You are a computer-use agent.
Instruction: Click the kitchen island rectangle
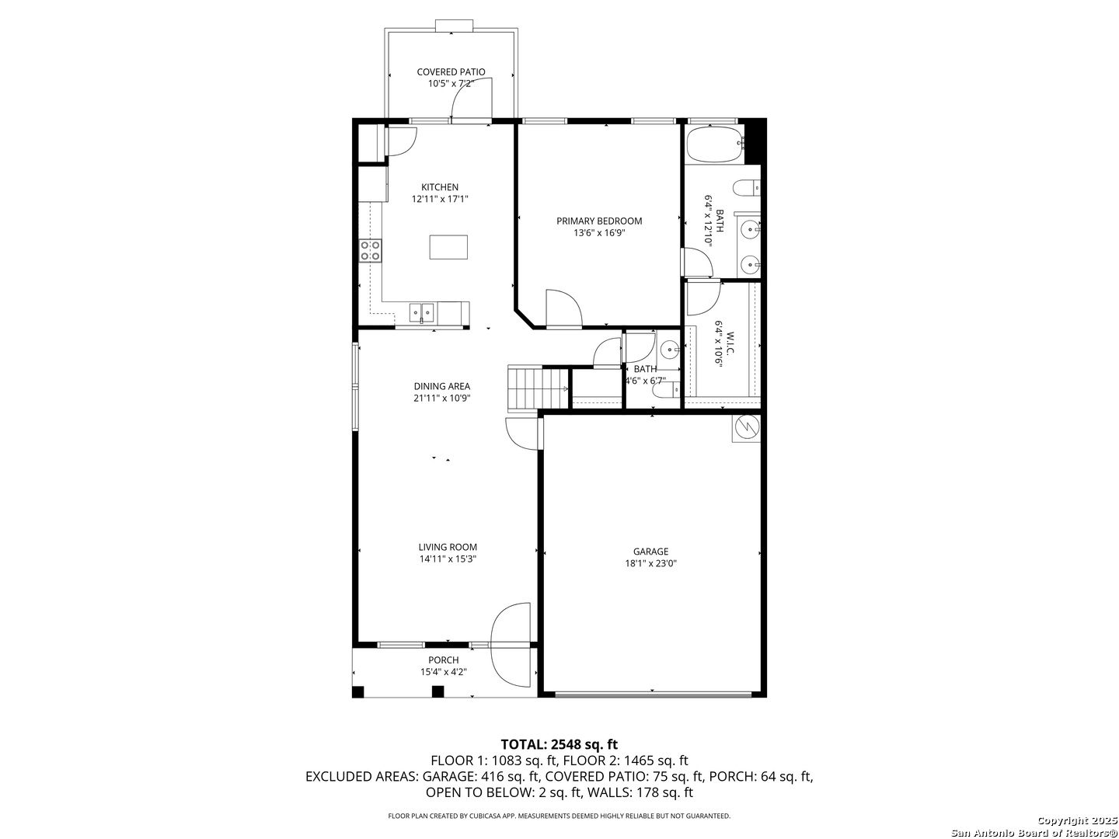click(448, 247)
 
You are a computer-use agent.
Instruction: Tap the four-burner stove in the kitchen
click(370, 251)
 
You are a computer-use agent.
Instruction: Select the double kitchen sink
click(421, 312)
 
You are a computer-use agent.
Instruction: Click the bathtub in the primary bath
click(714, 144)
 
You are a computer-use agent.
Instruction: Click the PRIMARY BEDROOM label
click(599, 221)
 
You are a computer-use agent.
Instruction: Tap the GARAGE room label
click(650, 552)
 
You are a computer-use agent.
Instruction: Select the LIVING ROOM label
click(448, 547)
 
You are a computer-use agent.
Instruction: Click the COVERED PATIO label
click(451, 71)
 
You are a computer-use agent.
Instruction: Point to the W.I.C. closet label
click(730, 344)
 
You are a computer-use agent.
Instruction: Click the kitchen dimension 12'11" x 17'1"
click(440, 199)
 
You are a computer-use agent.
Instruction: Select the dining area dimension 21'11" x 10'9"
click(441, 398)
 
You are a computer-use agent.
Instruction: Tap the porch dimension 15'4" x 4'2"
click(444, 672)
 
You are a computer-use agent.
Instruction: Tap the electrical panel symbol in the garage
click(746, 428)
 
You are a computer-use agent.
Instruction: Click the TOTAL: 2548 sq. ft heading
click(559, 744)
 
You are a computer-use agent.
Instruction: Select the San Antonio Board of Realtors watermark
click(1034, 833)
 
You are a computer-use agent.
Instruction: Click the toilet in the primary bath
click(746, 188)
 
